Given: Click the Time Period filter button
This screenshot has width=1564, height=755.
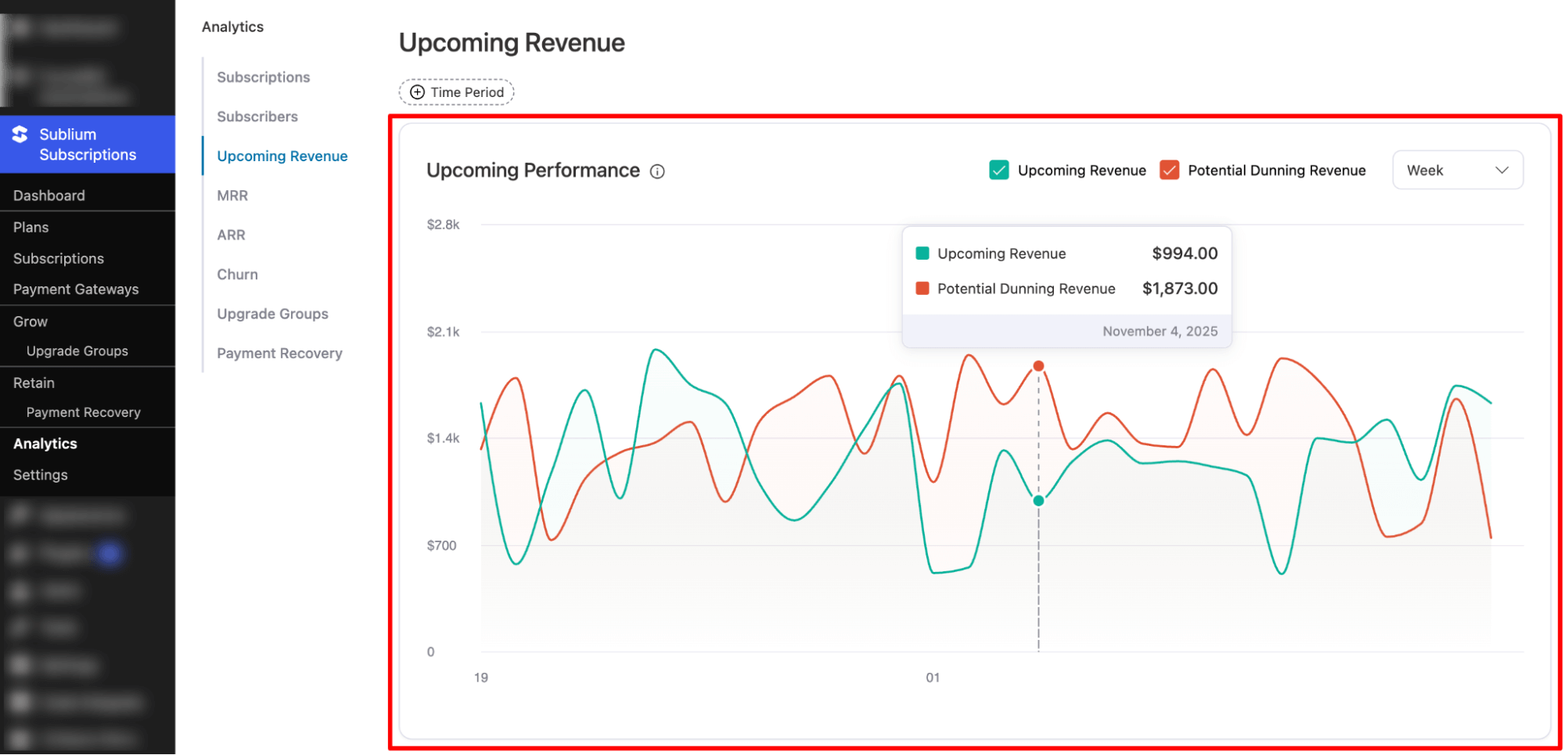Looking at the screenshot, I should [457, 92].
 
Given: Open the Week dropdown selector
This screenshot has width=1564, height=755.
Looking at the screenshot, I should [1457, 171].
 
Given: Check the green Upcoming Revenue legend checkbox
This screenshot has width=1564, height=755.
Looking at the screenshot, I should [999, 171].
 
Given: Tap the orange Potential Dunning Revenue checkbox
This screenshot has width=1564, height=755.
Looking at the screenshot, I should [1170, 171].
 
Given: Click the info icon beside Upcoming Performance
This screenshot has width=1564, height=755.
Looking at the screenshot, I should [657, 171].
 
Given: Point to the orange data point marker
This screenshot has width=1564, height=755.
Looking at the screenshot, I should [1038, 366].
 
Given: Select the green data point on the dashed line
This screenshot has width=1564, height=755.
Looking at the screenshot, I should [1038, 501].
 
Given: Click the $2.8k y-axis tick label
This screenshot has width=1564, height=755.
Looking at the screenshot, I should [443, 225].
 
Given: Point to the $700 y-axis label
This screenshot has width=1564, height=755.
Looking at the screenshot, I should [441, 545].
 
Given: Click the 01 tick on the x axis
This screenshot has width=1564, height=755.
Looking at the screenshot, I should [933, 678].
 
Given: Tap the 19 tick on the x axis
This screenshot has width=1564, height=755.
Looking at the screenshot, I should [480, 678].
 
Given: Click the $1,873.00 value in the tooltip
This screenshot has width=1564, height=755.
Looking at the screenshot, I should [1179, 289].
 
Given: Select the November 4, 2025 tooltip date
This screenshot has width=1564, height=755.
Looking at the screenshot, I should [1160, 332].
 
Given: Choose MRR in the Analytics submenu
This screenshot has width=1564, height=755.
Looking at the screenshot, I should [232, 196].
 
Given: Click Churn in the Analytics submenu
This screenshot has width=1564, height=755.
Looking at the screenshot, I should [237, 275].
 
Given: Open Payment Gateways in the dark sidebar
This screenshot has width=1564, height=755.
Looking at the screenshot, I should [76, 289].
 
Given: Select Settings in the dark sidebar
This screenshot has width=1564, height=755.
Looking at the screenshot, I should [41, 475].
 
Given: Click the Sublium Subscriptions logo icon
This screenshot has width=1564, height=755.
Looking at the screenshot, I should [20, 135].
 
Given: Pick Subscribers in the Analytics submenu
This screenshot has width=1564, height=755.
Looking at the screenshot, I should [257, 117].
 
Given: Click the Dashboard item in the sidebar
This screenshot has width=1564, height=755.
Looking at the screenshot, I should [49, 196].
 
